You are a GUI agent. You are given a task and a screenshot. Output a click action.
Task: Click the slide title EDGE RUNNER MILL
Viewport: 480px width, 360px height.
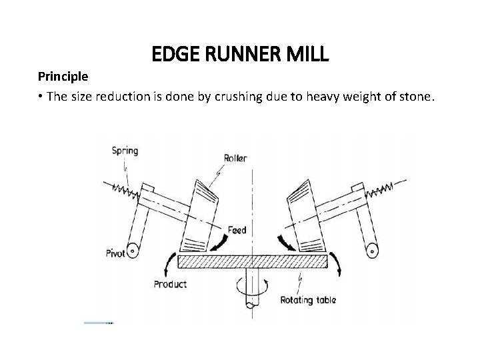point(240,54)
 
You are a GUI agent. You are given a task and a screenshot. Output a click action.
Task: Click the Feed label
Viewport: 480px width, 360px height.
point(236,231)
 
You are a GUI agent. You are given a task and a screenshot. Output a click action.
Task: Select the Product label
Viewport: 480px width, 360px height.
point(170,284)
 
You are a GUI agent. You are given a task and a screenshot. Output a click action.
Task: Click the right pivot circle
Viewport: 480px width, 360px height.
point(371,251)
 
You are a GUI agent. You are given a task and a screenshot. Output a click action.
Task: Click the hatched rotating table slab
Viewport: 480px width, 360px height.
point(253,261)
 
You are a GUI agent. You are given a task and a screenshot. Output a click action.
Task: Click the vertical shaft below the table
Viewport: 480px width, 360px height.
point(253,287)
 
